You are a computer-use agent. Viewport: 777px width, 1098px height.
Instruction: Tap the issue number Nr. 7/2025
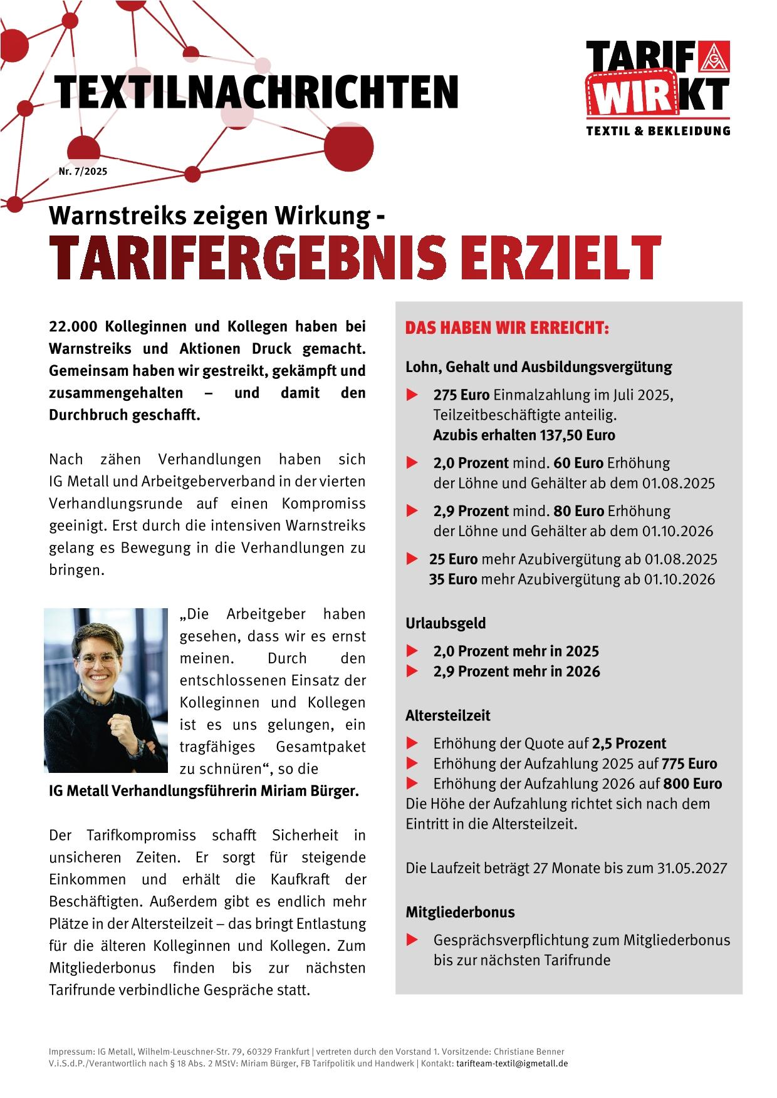tap(83, 172)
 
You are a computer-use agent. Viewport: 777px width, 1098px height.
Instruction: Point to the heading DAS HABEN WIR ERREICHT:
tap(507, 329)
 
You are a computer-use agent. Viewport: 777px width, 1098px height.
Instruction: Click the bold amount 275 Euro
tap(462, 395)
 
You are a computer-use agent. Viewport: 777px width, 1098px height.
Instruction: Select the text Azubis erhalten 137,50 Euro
tap(524, 435)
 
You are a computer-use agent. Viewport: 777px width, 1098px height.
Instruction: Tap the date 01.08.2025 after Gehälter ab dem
tap(679, 484)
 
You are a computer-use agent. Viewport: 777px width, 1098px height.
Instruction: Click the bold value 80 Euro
tap(578, 511)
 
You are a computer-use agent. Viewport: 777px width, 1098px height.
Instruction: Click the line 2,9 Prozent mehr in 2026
tap(516, 671)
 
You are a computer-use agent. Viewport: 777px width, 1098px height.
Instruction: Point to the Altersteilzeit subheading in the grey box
tap(447, 715)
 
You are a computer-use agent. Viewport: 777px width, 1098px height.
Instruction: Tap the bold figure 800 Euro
tap(692, 784)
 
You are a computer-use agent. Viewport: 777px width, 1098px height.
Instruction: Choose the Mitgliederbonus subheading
tap(460, 912)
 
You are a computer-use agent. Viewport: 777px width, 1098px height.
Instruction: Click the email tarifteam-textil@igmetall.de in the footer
tap(512, 1064)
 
